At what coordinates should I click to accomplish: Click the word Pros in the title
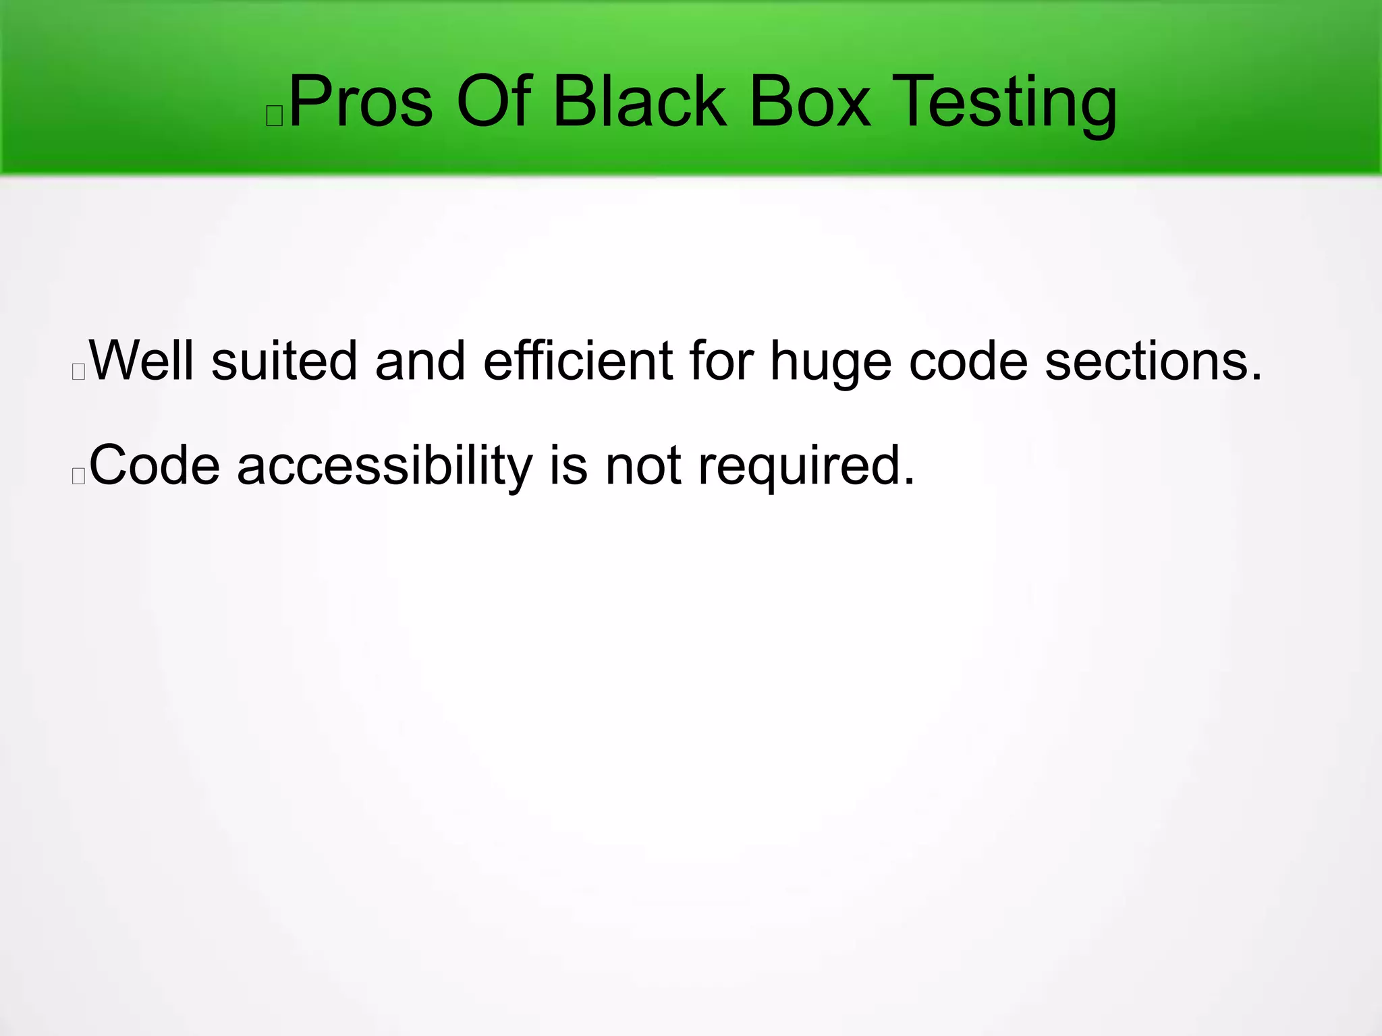(x=360, y=103)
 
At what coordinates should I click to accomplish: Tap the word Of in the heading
(x=494, y=103)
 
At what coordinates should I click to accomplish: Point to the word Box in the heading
(x=809, y=103)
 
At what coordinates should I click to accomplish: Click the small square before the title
(x=275, y=116)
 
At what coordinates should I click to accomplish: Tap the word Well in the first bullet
(x=142, y=361)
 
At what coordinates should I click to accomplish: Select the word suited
(x=284, y=361)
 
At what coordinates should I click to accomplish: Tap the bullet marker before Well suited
(x=78, y=372)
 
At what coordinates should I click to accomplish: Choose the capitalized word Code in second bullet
(x=155, y=465)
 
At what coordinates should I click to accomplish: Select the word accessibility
(x=385, y=465)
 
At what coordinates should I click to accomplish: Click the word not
(x=643, y=465)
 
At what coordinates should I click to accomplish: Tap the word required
(x=806, y=465)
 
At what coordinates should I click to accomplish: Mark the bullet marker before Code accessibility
(x=78, y=476)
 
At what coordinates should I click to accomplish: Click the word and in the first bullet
(x=420, y=361)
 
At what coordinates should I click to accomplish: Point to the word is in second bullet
(x=568, y=465)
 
